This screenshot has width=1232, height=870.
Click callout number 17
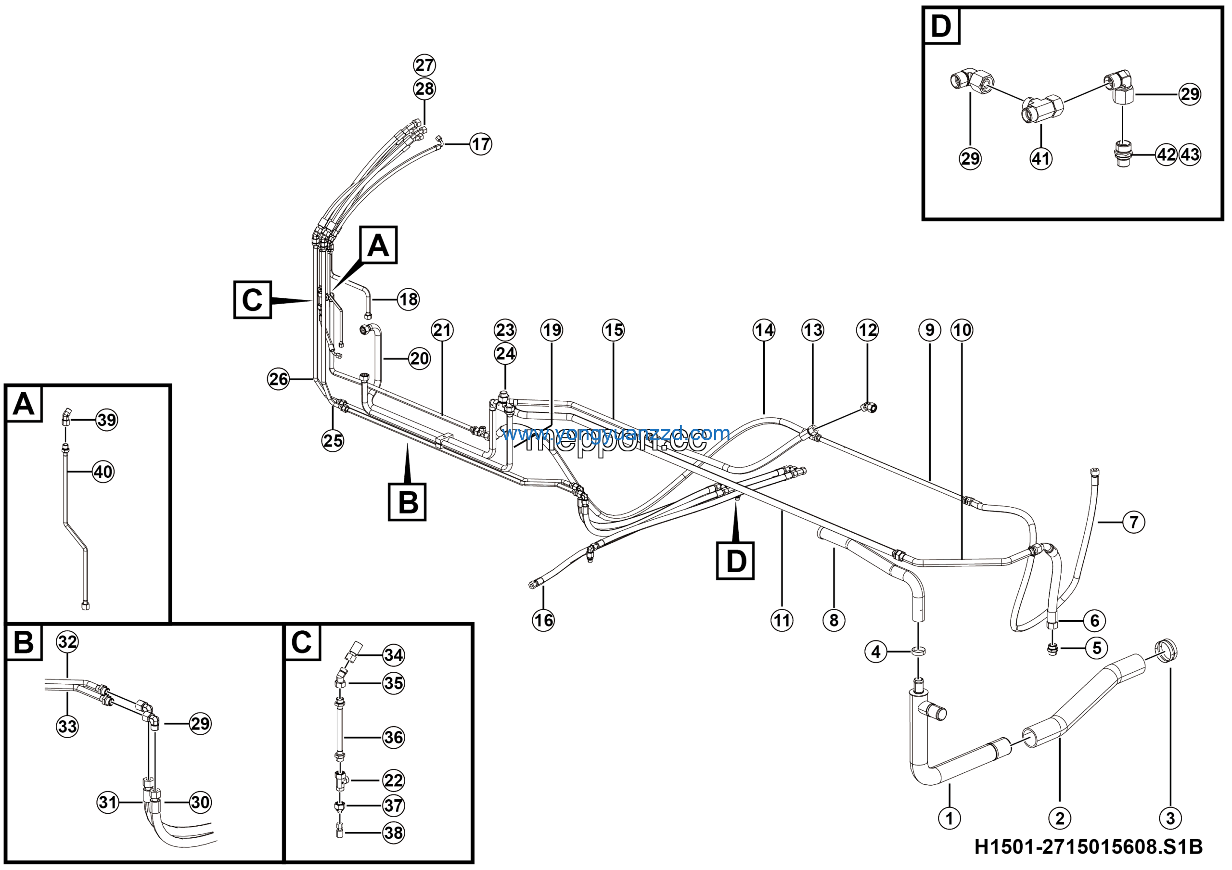click(x=480, y=144)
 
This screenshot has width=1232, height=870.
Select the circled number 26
click(x=279, y=379)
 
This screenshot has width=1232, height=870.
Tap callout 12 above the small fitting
click(x=867, y=330)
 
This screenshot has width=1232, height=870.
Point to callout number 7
click(x=1133, y=522)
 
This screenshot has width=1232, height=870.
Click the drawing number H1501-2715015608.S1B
click(x=1088, y=847)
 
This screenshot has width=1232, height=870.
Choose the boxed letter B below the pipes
click(x=407, y=502)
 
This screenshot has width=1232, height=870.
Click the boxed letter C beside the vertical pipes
click(x=252, y=300)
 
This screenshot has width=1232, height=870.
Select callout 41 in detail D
click(x=1041, y=158)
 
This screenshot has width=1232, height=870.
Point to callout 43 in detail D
click(x=1190, y=154)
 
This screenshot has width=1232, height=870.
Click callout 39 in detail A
click(x=106, y=420)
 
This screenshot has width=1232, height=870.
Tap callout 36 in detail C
click(x=393, y=737)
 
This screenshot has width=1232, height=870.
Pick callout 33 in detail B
click(x=67, y=726)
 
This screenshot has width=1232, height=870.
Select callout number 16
click(x=543, y=620)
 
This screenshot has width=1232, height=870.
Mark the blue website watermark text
click(x=616, y=433)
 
